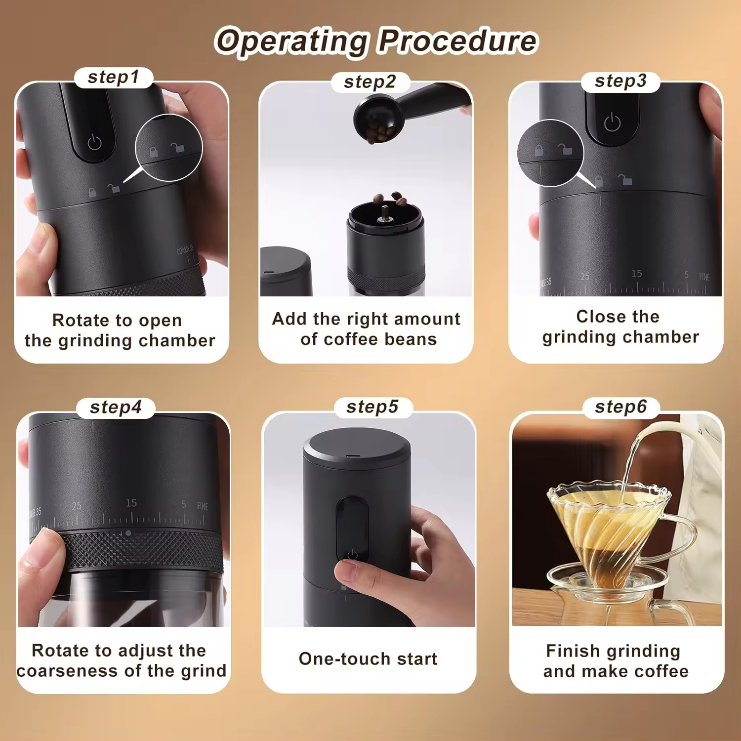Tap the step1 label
[114, 78]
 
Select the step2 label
[370, 82]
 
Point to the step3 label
[620, 82]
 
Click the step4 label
[116, 408]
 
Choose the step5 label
[372, 407]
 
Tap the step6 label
[620, 407]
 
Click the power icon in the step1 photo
[94, 143]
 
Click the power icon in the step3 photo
[612, 122]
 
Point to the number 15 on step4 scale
[131, 503]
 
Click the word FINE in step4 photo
[203, 506]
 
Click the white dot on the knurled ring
[128, 533]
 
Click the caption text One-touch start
[368, 659]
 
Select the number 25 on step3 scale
[585, 277]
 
